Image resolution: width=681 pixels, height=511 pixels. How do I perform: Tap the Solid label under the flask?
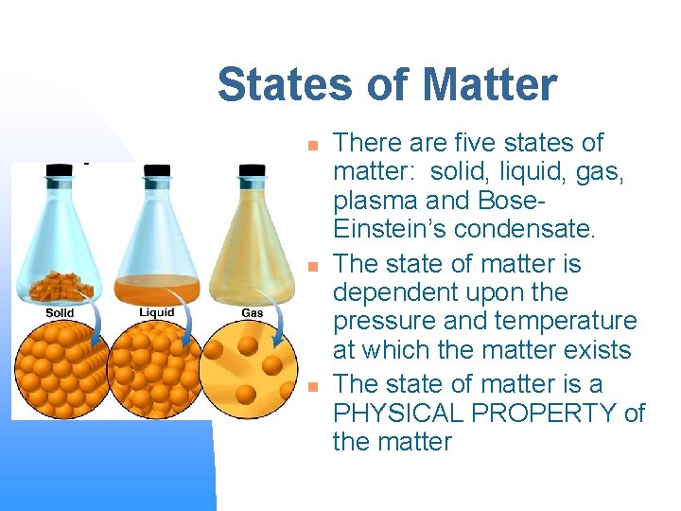(60, 313)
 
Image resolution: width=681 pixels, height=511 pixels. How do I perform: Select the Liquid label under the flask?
(156, 312)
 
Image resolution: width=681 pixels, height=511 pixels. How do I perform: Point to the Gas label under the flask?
(253, 313)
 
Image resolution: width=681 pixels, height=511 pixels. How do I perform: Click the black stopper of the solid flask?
(60, 171)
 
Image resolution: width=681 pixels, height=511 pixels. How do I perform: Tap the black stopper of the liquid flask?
(156, 171)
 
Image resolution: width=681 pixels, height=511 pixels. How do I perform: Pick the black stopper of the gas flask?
(253, 171)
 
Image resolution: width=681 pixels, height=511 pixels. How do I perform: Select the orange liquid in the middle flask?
(157, 286)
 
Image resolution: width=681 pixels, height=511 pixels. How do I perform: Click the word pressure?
(376, 322)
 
